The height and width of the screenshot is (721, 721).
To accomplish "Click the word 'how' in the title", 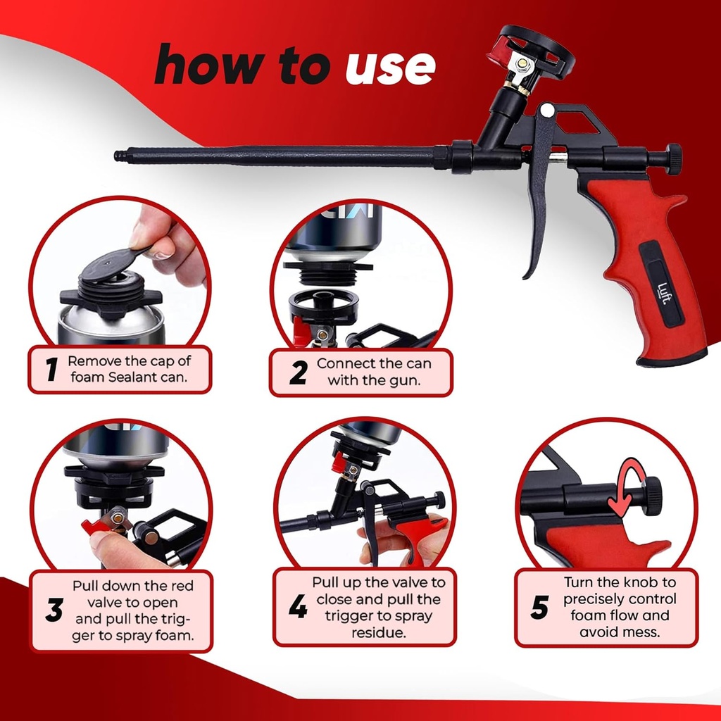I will pos(206,65).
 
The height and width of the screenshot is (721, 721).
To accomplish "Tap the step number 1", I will pos(51,370).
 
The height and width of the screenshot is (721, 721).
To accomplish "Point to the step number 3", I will pos(54,610).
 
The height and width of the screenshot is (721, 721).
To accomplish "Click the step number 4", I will pos(298,608).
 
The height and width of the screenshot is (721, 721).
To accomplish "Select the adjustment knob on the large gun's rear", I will pos(674,158).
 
